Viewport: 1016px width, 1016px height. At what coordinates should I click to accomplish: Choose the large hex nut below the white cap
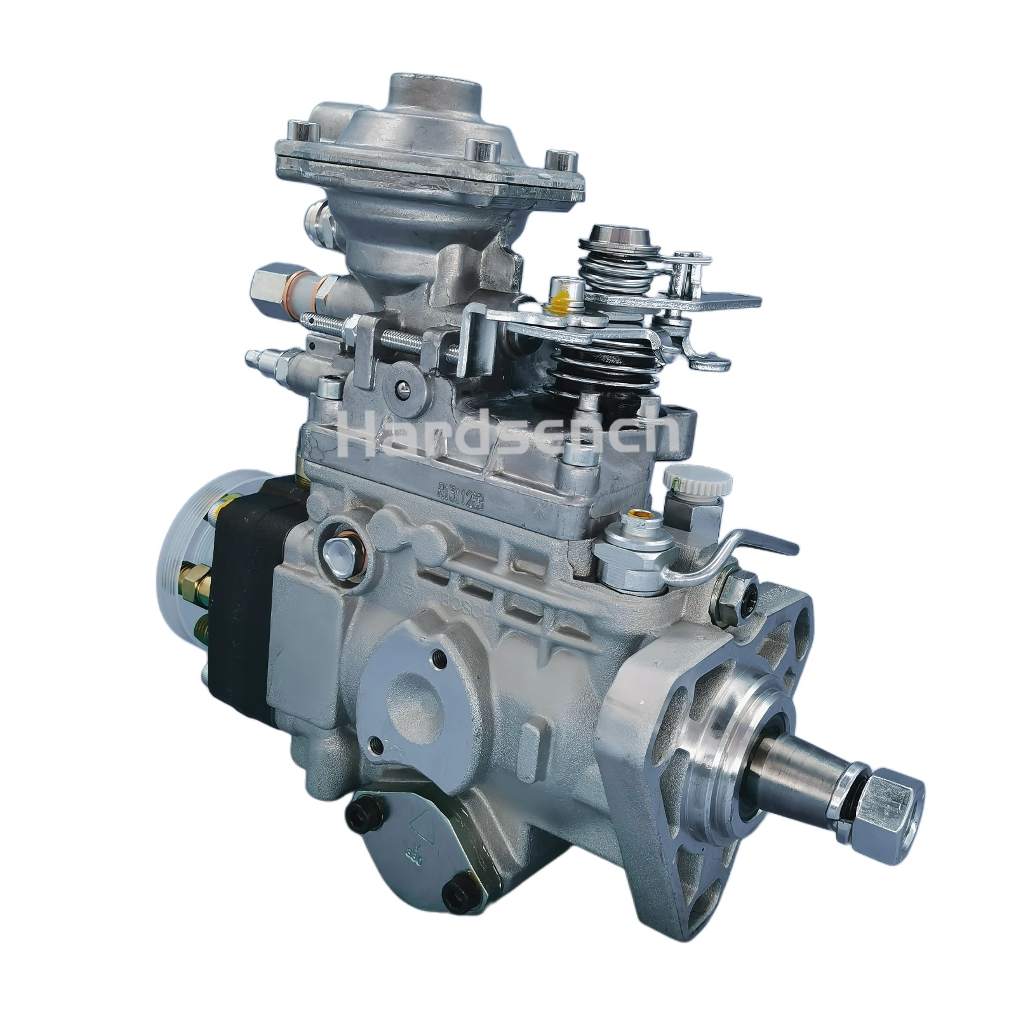pos(635,549)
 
